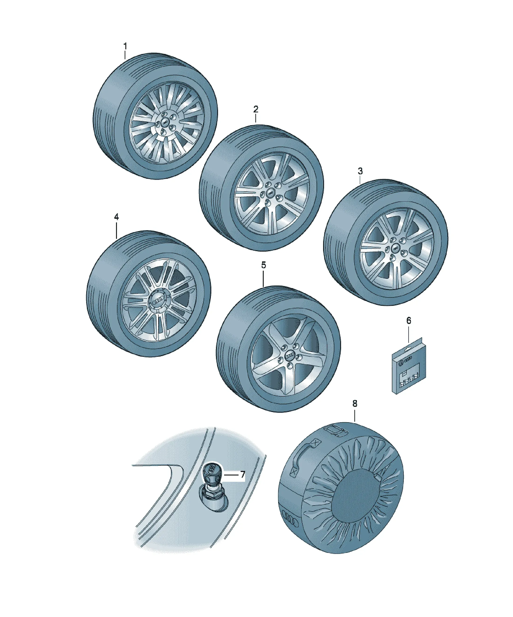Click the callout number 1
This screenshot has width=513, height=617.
coord(125,46)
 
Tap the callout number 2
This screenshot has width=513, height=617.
coord(256,109)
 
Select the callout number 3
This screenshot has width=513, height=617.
coord(360,171)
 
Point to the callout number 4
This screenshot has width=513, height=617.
coord(116,217)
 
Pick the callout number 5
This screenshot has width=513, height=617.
coord(263,265)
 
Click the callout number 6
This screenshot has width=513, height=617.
coord(409,320)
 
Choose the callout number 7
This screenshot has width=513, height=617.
coord(242,475)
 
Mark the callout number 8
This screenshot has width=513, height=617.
coord(355,404)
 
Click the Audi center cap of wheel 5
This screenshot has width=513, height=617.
coord(290,356)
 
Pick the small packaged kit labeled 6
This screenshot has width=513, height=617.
coord(409,366)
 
